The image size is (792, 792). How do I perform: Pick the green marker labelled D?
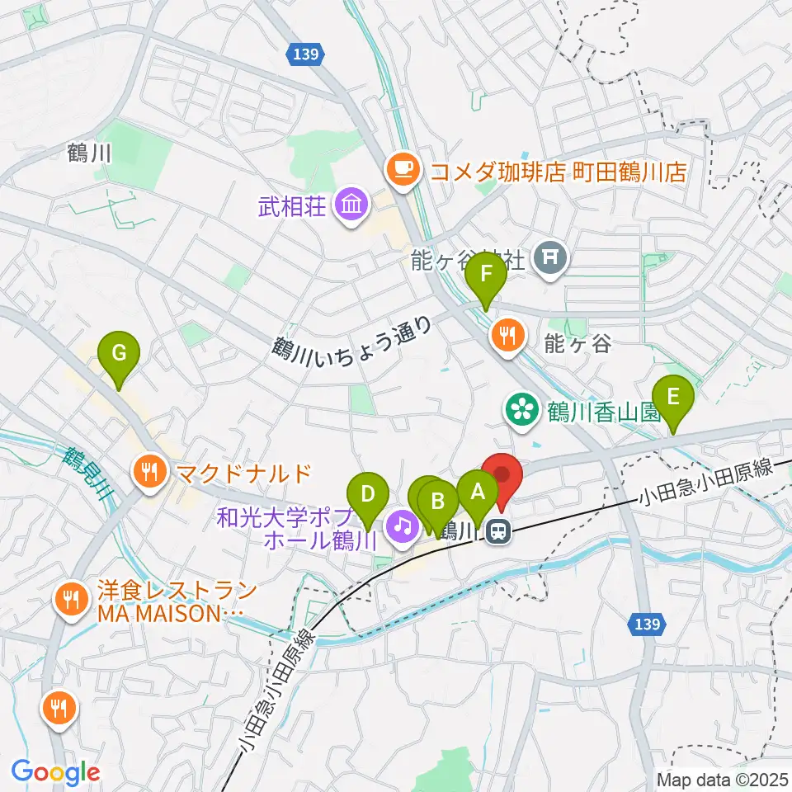(368, 495)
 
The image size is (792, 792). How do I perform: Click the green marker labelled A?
(477, 493)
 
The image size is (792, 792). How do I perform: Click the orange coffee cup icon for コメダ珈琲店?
(403, 171)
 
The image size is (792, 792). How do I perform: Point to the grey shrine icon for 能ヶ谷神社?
(549, 259)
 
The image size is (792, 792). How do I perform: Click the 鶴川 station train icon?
(497, 532)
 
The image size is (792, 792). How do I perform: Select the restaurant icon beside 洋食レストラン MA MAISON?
(71, 597)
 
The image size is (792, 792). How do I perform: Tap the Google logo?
(55, 772)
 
